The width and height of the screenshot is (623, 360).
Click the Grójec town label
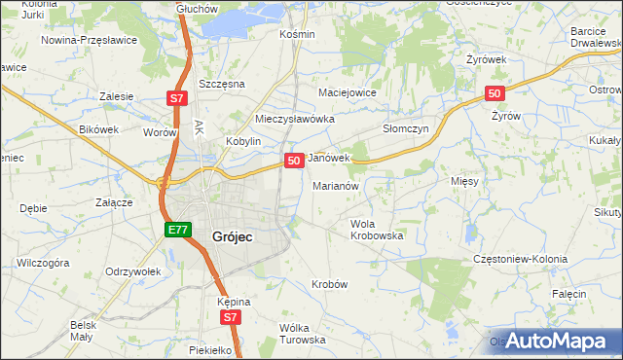[233, 234]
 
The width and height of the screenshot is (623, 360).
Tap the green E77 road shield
[176, 230]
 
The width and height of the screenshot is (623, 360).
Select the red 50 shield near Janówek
[293, 160]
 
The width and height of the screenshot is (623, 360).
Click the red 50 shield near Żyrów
[495, 93]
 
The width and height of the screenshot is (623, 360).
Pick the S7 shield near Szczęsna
[175, 98]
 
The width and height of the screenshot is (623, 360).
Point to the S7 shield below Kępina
[229, 317]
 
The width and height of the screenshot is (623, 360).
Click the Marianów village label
[337, 185]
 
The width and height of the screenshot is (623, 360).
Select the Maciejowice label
[348, 92]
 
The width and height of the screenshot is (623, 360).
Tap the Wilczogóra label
[42, 263]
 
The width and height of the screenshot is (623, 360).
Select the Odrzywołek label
[132, 271]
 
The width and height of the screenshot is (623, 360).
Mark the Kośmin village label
[297, 34]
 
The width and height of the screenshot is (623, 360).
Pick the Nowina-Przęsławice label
[90, 41]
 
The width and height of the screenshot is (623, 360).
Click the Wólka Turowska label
[302, 334]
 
